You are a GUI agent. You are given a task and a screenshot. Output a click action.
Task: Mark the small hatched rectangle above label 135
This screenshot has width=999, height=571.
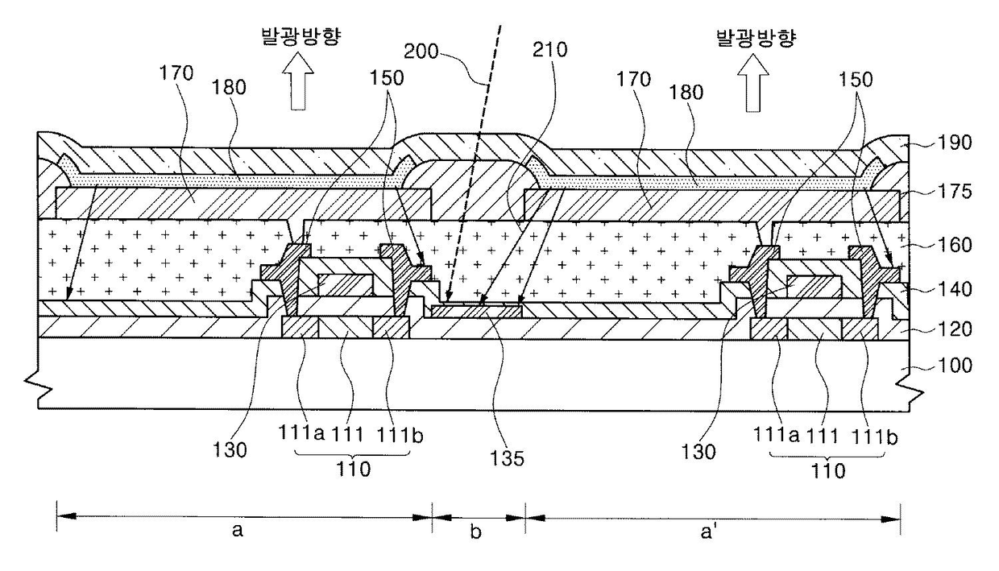click(476, 310)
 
